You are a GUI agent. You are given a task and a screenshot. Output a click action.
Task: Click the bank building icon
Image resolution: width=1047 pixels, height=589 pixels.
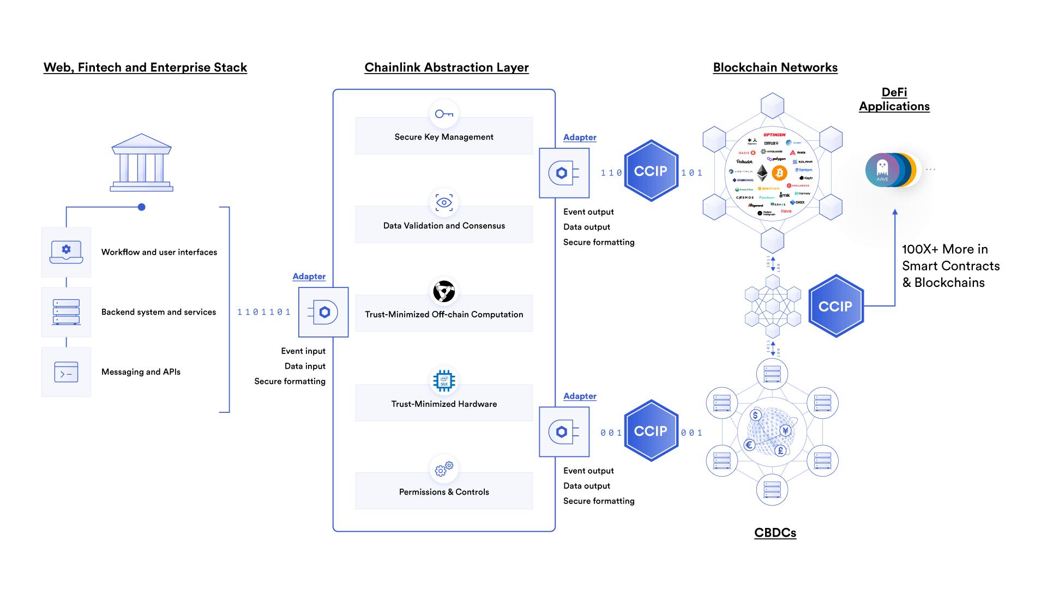(x=141, y=163)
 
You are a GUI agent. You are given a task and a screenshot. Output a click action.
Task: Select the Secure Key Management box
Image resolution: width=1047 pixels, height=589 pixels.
(x=444, y=137)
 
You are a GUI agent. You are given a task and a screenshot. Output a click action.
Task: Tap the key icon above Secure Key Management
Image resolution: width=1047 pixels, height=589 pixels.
(x=444, y=114)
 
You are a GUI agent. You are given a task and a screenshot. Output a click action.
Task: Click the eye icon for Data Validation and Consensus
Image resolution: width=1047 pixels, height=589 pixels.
(x=444, y=203)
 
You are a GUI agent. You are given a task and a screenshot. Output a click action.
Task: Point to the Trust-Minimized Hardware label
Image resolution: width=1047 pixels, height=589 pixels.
(x=444, y=404)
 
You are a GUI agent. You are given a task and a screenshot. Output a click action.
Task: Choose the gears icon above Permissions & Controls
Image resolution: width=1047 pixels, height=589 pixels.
(x=444, y=469)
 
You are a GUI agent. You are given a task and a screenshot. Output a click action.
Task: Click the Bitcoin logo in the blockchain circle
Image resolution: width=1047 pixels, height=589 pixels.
(x=779, y=173)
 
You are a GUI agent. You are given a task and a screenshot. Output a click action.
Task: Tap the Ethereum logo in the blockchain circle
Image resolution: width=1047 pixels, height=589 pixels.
(x=762, y=173)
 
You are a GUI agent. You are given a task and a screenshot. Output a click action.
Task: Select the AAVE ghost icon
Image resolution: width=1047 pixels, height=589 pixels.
(x=882, y=170)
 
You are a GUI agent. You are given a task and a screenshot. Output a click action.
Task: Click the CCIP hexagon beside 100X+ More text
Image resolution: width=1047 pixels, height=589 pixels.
(x=835, y=306)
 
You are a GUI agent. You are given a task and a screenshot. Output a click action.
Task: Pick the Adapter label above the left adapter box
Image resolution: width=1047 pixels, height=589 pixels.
(x=309, y=277)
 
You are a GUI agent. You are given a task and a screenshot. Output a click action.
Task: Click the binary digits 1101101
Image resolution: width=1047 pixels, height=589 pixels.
(x=264, y=312)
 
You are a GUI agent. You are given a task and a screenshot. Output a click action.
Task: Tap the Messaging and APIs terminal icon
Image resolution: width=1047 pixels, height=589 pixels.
(x=66, y=372)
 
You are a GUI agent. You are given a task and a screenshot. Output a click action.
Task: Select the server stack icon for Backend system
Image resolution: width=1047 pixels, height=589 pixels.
(x=66, y=312)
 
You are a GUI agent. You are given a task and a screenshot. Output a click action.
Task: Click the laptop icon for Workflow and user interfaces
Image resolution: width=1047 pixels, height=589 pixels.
(x=66, y=252)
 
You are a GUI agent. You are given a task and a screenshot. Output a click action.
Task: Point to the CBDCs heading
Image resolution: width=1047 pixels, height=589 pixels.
(x=775, y=533)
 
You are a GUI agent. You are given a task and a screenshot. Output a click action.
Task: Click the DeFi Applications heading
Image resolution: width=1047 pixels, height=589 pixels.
(x=894, y=99)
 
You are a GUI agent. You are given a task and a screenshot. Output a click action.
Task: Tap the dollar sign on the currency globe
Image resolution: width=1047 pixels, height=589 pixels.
(x=755, y=416)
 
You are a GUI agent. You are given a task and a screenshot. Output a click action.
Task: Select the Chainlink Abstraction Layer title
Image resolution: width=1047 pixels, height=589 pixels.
(x=446, y=68)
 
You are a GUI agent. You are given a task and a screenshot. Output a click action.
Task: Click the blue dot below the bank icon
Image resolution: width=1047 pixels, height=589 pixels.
(x=142, y=207)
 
